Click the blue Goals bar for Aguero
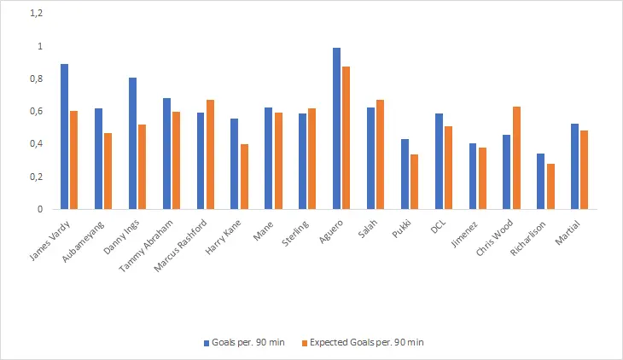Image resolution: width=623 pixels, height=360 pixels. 337,128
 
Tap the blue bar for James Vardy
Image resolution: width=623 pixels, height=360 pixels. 65,136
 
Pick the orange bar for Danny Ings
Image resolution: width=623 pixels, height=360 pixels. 142,166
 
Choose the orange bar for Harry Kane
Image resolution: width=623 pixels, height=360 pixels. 244,177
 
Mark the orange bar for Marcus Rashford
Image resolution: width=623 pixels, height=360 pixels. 210,154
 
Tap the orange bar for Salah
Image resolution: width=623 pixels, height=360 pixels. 380,154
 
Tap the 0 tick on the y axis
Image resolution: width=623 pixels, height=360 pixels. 39,209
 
